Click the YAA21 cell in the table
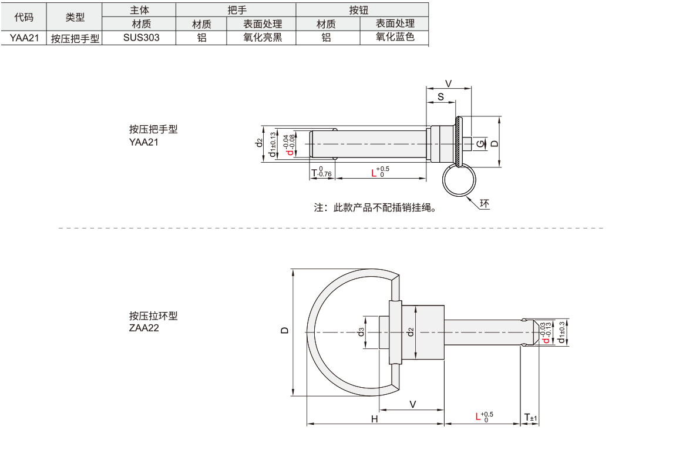[x=25, y=38]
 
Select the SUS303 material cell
[x=141, y=38]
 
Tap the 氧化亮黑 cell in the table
[x=263, y=38]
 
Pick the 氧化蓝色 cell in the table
[x=395, y=37]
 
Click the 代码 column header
[x=23, y=17]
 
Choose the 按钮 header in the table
[x=358, y=9]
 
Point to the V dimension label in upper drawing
[x=448, y=83]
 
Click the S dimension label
[x=440, y=97]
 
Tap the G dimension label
[x=480, y=143]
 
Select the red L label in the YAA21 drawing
[x=374, y=173]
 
